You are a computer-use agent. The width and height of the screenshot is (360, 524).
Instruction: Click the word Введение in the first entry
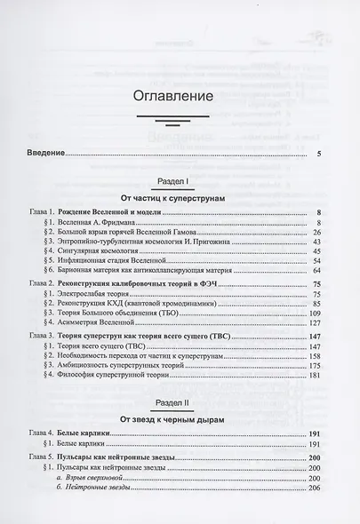click(44, 154)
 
